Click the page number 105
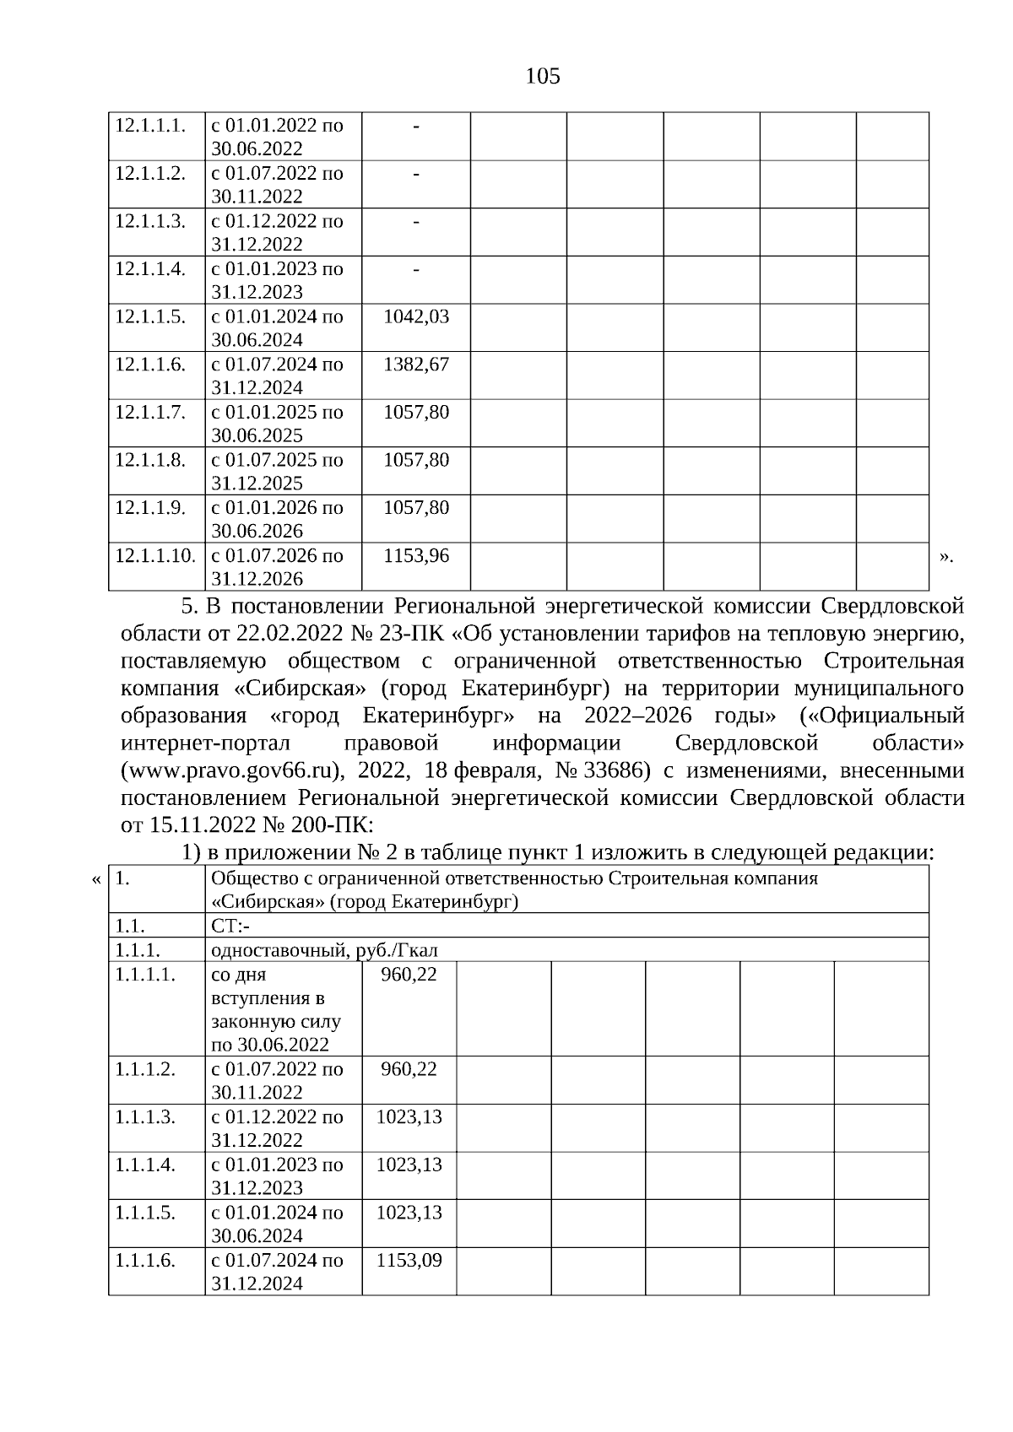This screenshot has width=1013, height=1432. point(542,77)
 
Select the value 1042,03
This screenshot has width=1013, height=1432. point(416,317)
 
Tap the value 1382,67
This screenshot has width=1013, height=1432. point(416,365)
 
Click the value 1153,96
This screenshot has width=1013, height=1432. point(416,556)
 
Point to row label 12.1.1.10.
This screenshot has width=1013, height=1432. point(155,556)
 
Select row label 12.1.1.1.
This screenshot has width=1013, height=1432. point(149,126)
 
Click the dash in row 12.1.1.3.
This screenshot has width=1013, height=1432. point(416,221)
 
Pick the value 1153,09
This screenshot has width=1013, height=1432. point(409,1260)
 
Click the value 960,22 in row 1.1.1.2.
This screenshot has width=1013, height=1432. point(409,1069)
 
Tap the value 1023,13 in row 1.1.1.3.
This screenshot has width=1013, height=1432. point(409,1116)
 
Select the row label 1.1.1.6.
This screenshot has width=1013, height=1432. point(145,1260)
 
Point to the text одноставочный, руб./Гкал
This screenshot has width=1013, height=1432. point(324,950)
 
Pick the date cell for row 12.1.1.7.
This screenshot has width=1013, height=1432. point(277,424)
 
